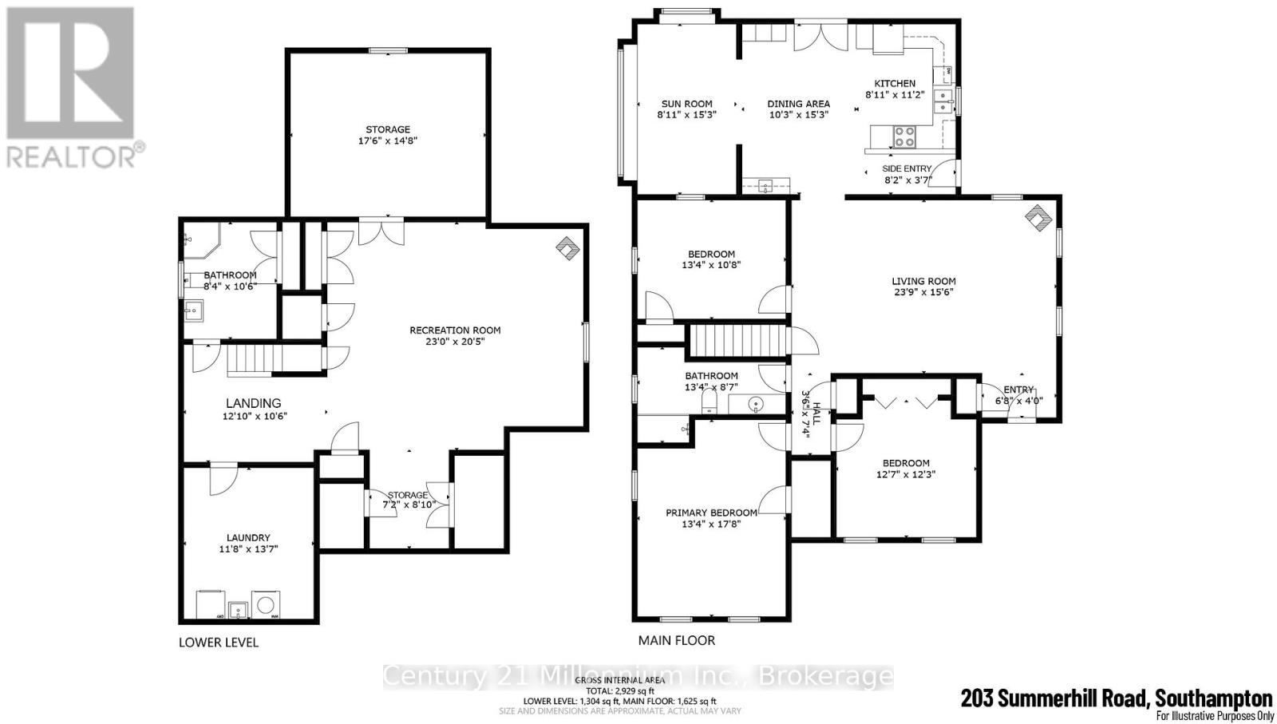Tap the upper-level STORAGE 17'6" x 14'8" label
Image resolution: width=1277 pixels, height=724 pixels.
tap(388, 134)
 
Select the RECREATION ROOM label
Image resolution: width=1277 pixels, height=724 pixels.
tap(455, 335)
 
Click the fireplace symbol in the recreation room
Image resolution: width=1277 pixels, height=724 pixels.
tap(567, 249)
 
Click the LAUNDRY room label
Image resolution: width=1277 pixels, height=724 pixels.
tap(247, 543)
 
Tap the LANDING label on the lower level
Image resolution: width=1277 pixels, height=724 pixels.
tap(253, 403)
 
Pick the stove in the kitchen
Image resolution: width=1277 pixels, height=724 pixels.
tap(904, 136)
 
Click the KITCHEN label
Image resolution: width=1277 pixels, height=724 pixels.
tap(895, 83)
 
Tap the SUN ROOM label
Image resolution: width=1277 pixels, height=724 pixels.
tap(686, 104)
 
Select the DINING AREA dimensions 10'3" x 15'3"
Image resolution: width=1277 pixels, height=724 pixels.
tap(798, 114)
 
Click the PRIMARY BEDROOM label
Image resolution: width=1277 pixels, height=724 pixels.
tap(711, 512)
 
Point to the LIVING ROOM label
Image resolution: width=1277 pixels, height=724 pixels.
tap(923, 281)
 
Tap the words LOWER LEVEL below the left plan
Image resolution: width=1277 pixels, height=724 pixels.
tap(219, 642)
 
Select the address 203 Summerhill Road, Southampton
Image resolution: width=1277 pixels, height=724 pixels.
tap(1117, 698)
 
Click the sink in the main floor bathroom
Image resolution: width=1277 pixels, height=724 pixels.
tap(757, 405)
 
